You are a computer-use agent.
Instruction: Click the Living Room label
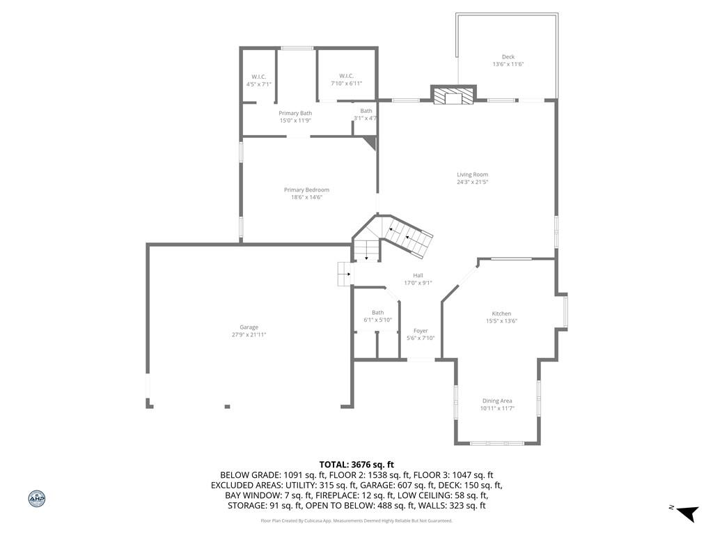pyautogui.click(x=473, y=178)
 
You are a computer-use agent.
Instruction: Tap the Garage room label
pyautogui.click(x=249, y=331)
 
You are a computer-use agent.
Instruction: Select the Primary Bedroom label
pyautogui.click(x=306, y=194)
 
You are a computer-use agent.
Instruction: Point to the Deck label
pyautogui.click(x=508, y=61)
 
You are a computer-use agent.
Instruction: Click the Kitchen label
pyautogui.click(x=501, y=317)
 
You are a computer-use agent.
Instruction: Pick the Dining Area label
pyautogui.click(x=497, y=405)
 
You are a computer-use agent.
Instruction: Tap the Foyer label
pyautogui.click(x=421, y=334)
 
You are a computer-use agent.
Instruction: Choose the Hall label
pyautogui.click(x=418, y=279)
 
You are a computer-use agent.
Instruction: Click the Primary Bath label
pyautogui.click(x=295, y=117)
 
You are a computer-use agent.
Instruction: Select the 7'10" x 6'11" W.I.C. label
pyautogui.click(x=347, y=79)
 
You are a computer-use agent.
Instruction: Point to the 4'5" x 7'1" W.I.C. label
pyautogui.click(x=259, y=81)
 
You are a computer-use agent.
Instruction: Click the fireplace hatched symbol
pyautogui.click(x=453, y=96)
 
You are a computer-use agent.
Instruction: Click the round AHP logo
pyautogui.click(x=37, y=499)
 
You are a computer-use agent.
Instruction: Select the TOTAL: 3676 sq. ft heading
pyautogui.click(x=356, y=465)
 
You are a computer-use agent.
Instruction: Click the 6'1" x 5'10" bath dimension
pyautogui.click(x=377, y=320)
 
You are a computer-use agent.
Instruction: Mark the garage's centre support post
pyautogui.click(x=228, y=407)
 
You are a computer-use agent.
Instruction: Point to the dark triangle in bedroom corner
pyautogui.click(x=372, y=142)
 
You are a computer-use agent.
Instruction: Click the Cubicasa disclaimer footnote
pyautogui.click(x=356, y=520)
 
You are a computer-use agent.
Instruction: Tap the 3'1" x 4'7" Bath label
pyautogui.click(x=366, y=115)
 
